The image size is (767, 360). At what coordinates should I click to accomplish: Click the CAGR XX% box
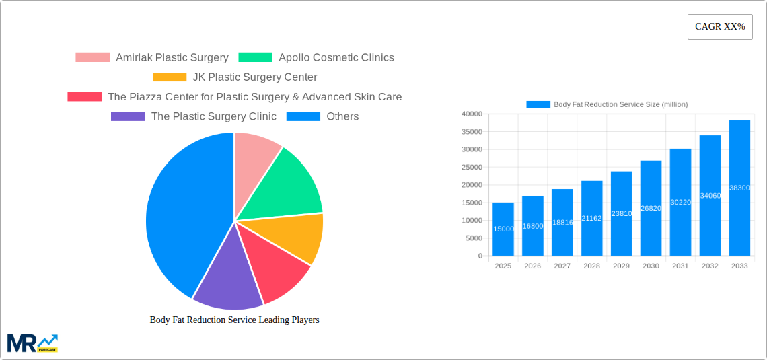pyautogui.click(x=719, y=27)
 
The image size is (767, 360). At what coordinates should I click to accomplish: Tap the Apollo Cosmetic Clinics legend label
pyautogui.click(x=336, y=58)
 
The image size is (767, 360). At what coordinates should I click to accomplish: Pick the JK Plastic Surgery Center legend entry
pyautogui.click(x=254, y=77)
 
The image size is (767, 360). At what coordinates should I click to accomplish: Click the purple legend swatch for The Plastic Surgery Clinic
pyautogui.click(x=128, y=116)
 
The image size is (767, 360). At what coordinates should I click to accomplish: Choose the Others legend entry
pyautogui.click(x=342, y=116)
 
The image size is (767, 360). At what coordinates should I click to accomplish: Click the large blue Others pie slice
pyautogui.click(x=182, y=209)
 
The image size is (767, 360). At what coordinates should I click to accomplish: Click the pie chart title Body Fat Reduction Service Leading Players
pyautogui.click(x=234, y=320)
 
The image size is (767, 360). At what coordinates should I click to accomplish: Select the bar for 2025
pyautogui.click(x=503, y=229)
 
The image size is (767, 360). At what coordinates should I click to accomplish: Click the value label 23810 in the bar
pyautogui.click(x=621, y=213)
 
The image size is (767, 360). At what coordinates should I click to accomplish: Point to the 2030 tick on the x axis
pyautogui.click(x=651, y=266)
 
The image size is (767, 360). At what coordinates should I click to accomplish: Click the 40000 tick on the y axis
pyautogui.click(x=472, y=114)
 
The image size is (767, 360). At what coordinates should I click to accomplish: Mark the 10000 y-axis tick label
pyautogui.click(x=472, y=221)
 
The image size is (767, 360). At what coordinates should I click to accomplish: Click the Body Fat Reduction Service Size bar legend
pyautogui.click(x=606, y=104)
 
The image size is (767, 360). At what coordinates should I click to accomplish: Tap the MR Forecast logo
pyautogui.click(x=32, y=343)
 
